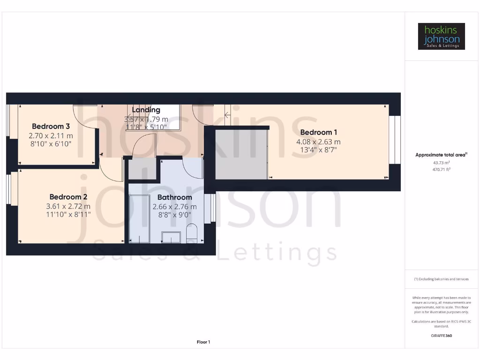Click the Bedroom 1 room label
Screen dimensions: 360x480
(318, 132)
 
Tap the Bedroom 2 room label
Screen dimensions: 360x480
(68, 197)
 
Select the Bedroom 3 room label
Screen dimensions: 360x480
(51, 126)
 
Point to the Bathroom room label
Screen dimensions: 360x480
(174, 197)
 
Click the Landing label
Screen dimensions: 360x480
(146, 110)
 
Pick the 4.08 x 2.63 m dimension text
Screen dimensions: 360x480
(318, 142)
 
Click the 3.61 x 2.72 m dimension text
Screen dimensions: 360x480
(68, 206)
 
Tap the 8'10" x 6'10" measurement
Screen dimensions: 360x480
(51, 144)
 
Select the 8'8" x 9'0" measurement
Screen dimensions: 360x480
(174, 215)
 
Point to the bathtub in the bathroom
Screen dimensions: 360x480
(139, 218)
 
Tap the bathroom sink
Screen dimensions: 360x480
(171, 237)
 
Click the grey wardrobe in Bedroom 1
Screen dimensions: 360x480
(241, 155)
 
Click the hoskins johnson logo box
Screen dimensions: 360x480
(441, 36)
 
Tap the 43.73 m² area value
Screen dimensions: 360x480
(441, 163)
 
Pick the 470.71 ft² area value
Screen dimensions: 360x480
(441, 169)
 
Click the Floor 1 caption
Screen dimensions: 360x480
(203, 342)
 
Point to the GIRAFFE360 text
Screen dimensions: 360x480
(441, 336)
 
